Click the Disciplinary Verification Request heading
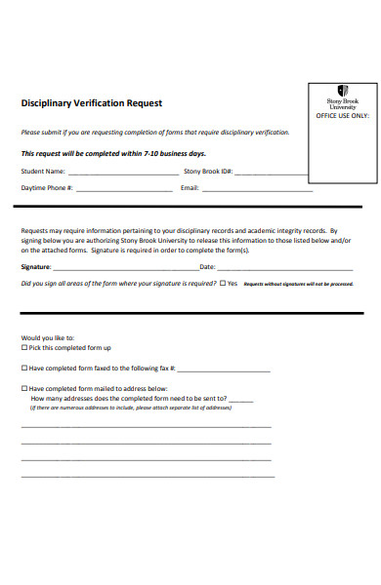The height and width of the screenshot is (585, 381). tap(92, 103)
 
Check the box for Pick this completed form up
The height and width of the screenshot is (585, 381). tap(24, 348)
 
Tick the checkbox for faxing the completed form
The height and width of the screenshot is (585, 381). tap(24, 369)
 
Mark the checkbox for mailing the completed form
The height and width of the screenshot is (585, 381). tap(24, 388)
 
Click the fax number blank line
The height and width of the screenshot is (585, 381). tap(224, 370)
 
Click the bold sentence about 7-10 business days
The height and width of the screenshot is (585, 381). tap(113, 153)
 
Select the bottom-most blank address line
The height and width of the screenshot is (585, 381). tap(148, 476)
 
